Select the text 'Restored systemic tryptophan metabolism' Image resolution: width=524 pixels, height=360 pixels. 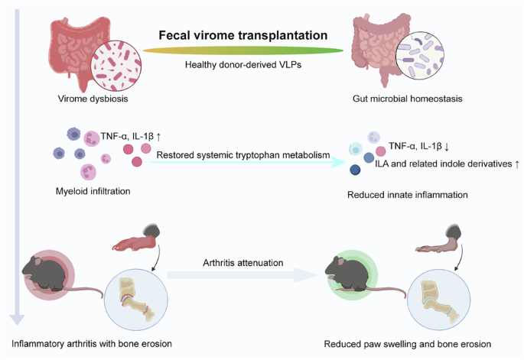(x=242, y=155)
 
